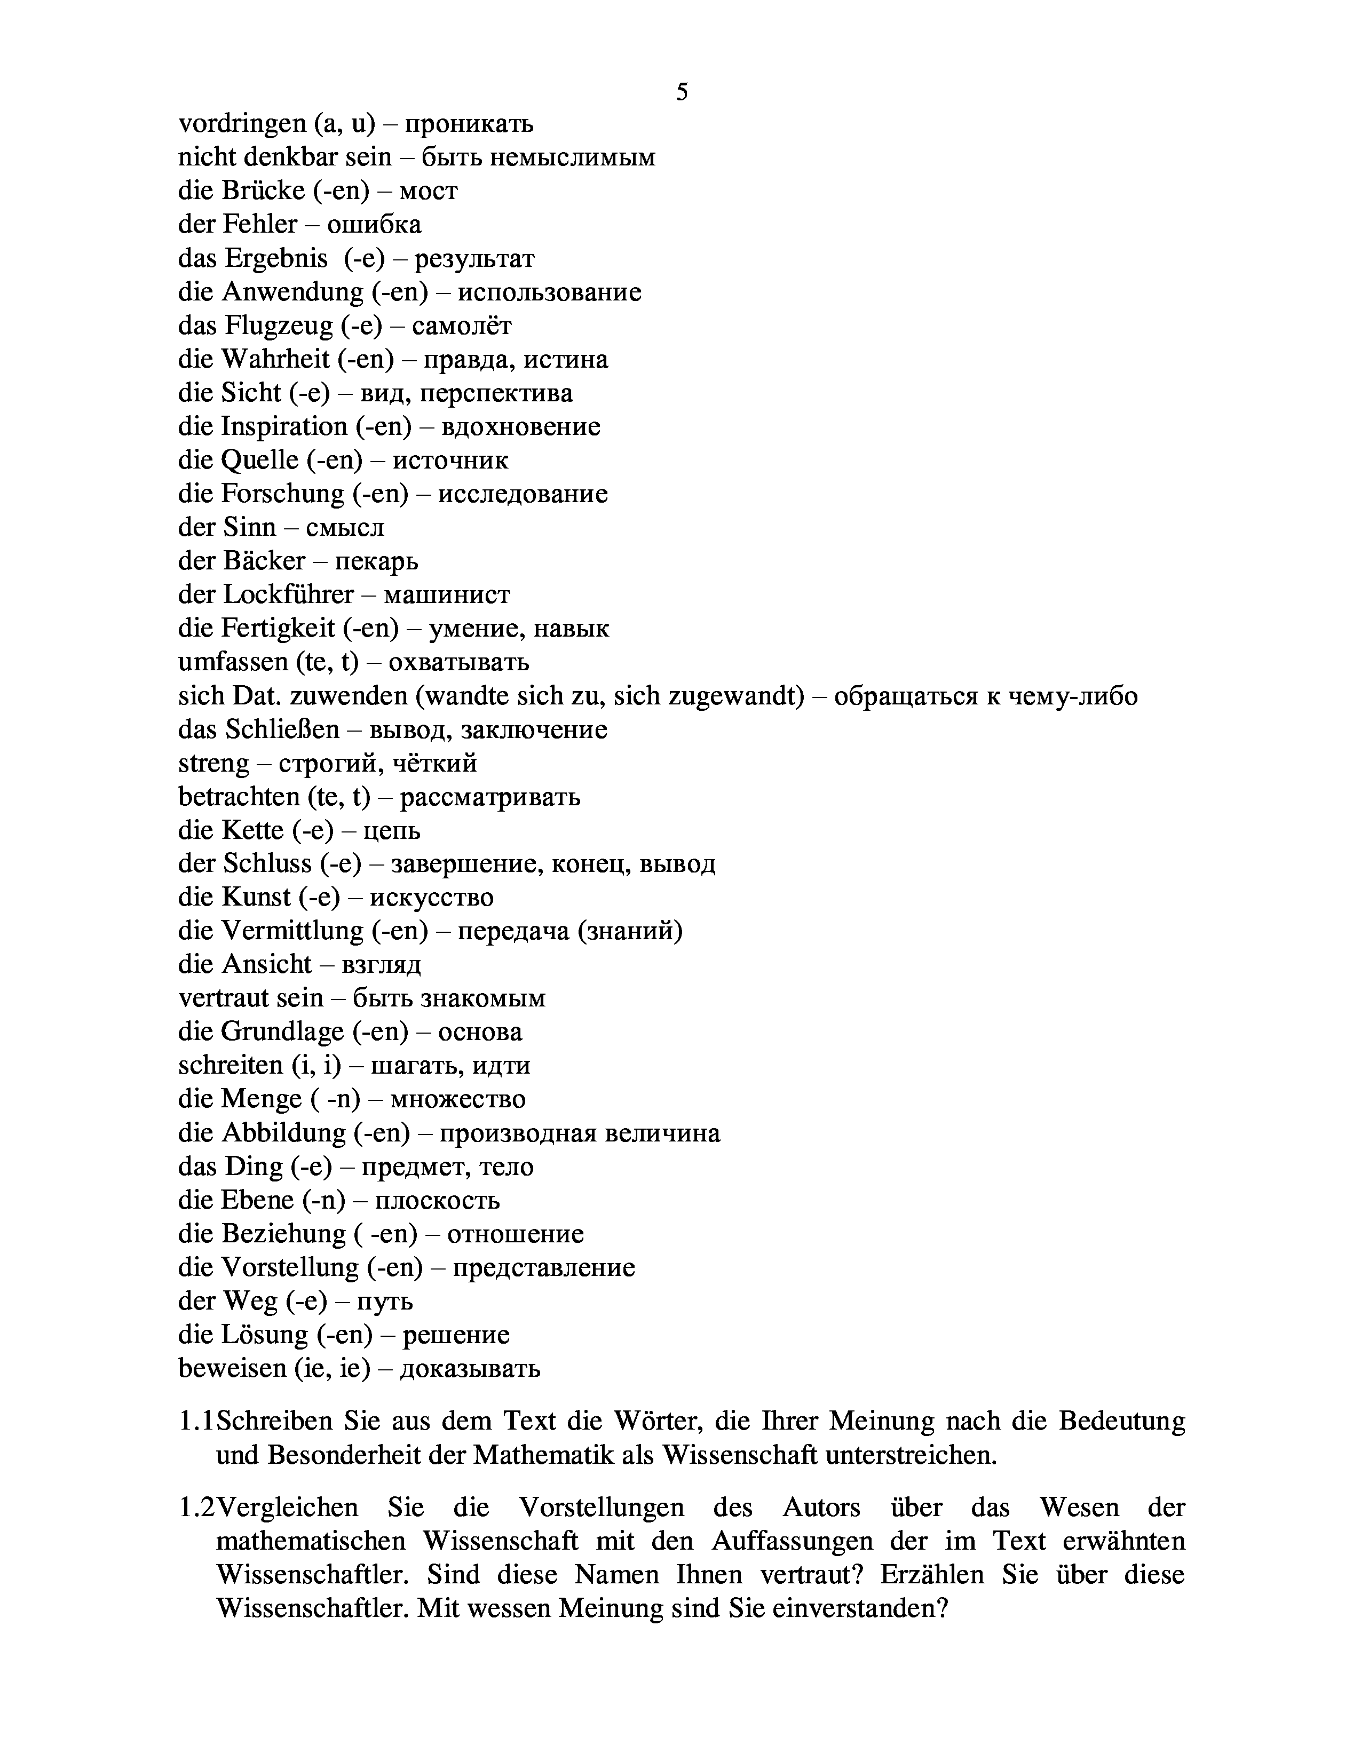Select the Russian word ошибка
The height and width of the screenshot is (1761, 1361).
[374, 224]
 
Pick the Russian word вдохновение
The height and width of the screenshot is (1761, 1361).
[521, 426]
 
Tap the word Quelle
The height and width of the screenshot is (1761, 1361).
[258, 461]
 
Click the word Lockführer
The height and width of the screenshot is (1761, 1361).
[288, 595]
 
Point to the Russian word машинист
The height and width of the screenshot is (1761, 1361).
[447, 595]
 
